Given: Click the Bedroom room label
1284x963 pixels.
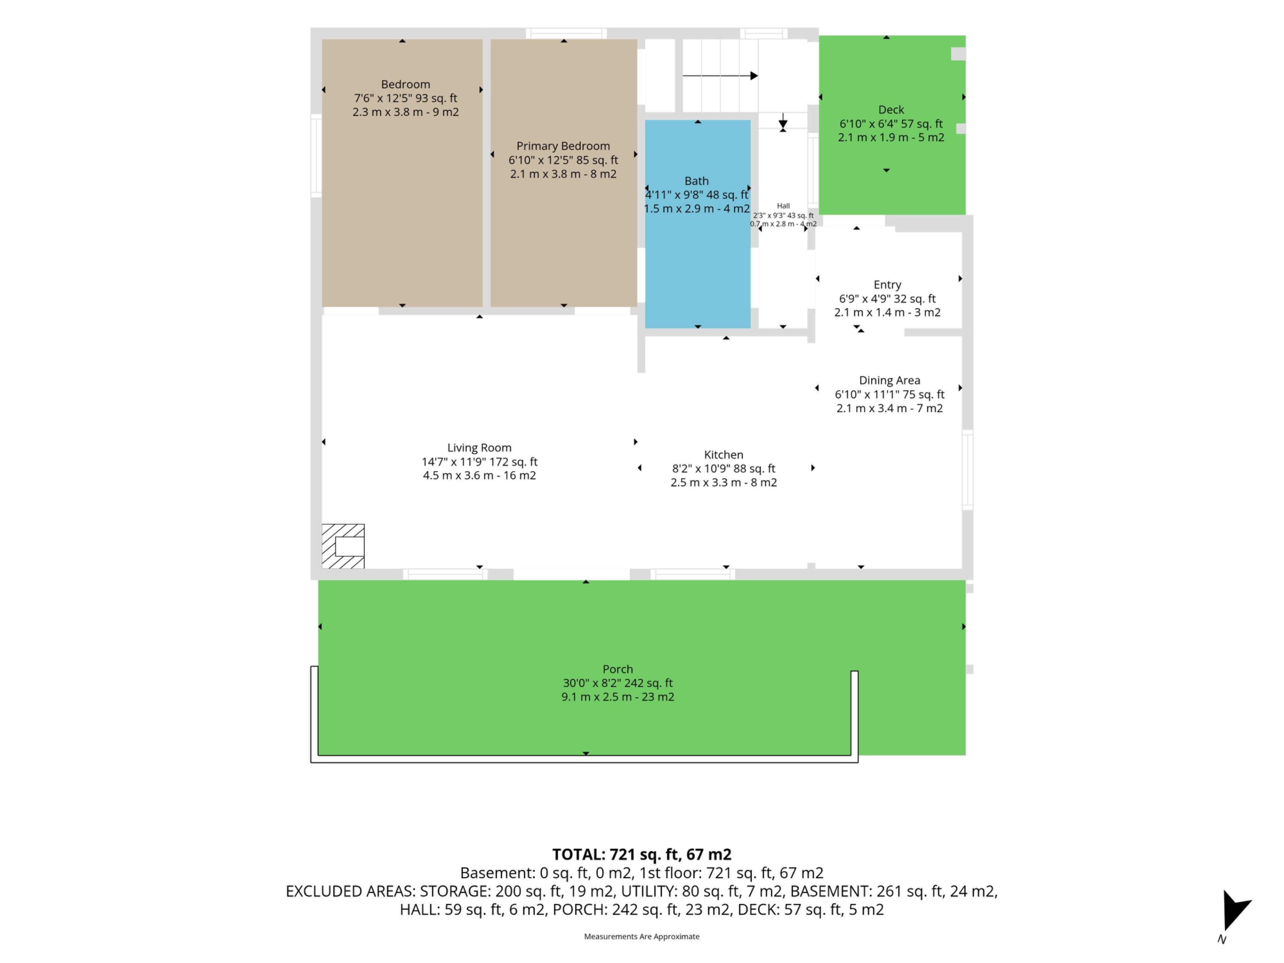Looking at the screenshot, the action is [405, 84].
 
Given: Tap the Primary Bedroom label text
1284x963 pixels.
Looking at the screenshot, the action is [563, 146].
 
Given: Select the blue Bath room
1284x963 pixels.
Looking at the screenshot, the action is [698, 224].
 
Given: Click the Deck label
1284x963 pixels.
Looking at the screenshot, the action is [891, 110].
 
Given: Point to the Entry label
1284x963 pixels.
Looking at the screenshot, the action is [887, 285].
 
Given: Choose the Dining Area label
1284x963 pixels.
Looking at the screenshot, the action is [889, 380].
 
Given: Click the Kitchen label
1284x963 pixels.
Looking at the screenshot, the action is [723, 454].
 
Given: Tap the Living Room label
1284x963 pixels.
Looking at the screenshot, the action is [479, 447].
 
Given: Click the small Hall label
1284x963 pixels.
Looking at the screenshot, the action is [783, 206].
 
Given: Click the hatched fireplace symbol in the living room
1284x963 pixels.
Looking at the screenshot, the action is [343, 546].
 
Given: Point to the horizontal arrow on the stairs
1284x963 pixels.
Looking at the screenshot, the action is [720, 76].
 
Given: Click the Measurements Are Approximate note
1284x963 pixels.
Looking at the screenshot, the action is [641, 936].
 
